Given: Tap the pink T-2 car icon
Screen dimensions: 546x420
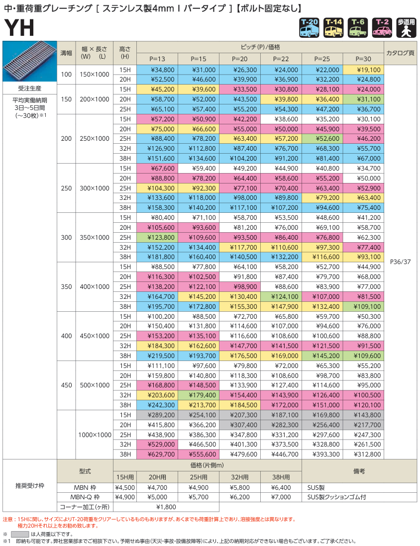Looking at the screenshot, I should pos(382,28).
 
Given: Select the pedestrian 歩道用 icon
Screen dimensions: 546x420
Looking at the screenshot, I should pos(406,28).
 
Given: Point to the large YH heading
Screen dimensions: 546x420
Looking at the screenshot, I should pos(19,29).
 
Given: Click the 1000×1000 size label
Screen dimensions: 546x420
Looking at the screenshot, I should pos(95,435).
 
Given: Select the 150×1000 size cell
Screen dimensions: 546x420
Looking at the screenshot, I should pos(95,75).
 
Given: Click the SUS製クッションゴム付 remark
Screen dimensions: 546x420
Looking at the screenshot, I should pos(337,497).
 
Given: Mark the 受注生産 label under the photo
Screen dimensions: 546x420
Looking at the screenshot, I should pos(29,89).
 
